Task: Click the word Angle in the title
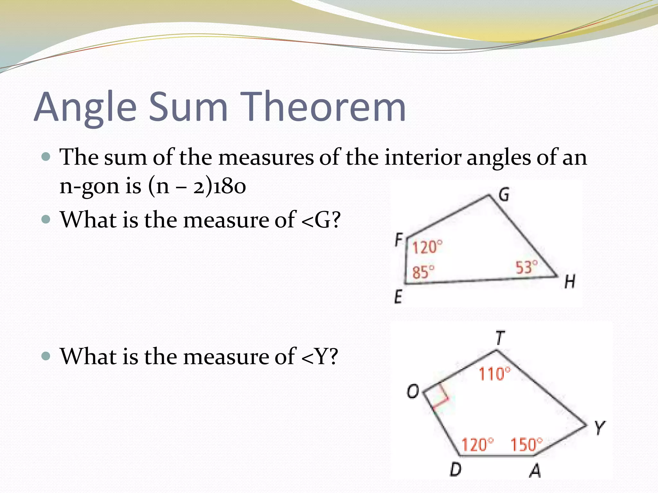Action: pyautogui.click(x=85, y=108)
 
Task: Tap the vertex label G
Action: pyautogui.click(x=504, y=194)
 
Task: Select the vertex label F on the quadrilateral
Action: pyautogui.click(x=399, y=239)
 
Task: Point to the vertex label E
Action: pyautogui.click(x=398, y=296)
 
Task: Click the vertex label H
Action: pyautogui.click(x=570, y=281)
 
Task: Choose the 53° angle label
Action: pyautogui.click(x=526, y=267)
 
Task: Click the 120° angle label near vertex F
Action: pyautogui.click(x=427, y=247)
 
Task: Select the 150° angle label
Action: pyautogui.click(x=526, y=445)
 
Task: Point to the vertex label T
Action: pyautogui.click(x=500, y=338)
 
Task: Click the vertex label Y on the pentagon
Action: pyautogui.click(x=600, y=428)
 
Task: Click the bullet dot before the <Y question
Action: pyautogui.click(x=46, y=356)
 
